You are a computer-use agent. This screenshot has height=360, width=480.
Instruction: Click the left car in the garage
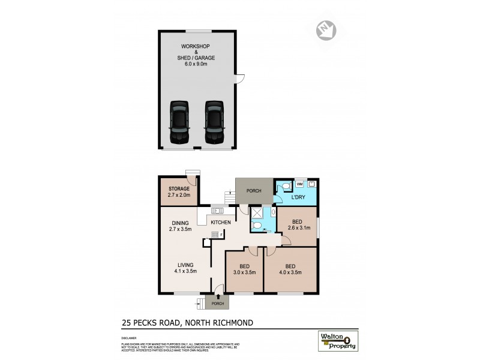179,122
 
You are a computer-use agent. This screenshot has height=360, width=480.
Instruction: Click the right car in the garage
215,122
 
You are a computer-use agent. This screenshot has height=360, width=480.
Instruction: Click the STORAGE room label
179,189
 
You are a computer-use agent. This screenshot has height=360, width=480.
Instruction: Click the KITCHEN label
220,223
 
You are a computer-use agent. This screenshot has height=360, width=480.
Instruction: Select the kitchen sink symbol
217,211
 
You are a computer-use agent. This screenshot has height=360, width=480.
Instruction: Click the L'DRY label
299,198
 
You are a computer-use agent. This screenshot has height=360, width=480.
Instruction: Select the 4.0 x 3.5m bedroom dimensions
290,272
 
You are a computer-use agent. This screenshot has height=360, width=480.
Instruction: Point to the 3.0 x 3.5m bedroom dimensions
244,272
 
